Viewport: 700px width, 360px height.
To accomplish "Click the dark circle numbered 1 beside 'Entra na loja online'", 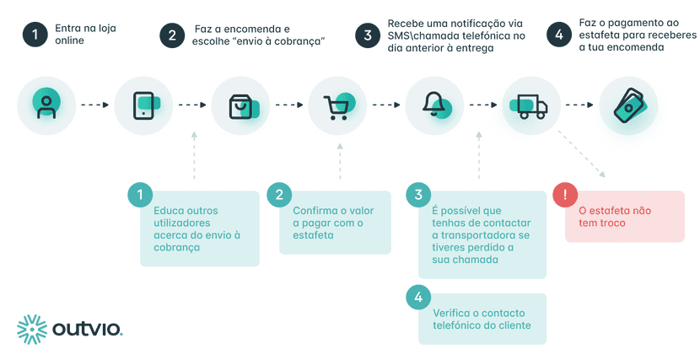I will click(35, 35).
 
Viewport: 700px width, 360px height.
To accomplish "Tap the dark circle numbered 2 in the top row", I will click(172, 35).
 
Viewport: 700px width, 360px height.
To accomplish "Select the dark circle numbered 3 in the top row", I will click(367, 35).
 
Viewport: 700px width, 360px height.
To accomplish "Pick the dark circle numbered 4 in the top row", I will click(558, 35).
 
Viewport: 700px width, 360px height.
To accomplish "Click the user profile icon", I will click(46, 105).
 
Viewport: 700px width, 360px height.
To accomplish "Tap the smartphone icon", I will click(143, 105).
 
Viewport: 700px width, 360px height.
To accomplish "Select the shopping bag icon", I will click(240, 105).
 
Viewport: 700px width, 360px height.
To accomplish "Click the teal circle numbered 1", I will click(140, 194).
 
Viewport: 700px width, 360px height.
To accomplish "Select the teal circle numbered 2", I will click(279, 195).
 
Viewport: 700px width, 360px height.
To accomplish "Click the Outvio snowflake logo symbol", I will click(34, 329).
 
